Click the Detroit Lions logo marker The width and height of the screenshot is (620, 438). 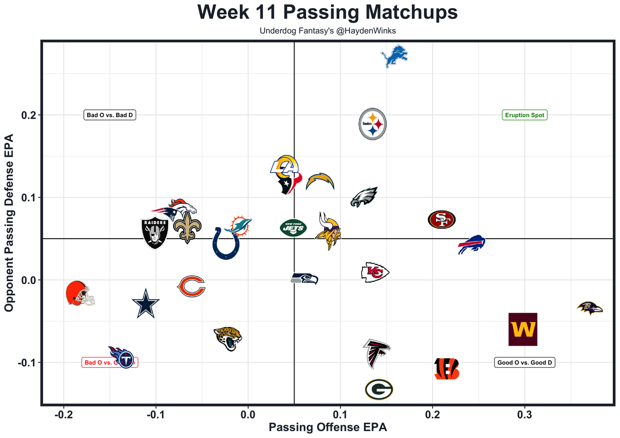click(394, 57)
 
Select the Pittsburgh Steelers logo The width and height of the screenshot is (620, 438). click(372, 124)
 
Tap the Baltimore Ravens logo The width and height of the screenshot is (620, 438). click(590, 308)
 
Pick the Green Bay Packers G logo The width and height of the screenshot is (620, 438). click(379, 389)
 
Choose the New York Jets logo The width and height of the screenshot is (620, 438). click(293, 227)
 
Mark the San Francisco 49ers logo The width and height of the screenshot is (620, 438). click(442, 220)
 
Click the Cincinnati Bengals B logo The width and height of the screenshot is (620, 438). click(446, 369)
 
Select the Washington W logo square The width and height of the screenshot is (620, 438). click(523, 330)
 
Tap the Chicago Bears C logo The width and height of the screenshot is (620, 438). click(191, 286)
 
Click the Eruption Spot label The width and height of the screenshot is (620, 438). click(525, 115)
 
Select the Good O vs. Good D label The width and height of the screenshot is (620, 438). click(525, 362)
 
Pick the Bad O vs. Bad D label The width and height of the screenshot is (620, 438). click(109, 115)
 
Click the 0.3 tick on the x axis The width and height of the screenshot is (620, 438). click(525, 415)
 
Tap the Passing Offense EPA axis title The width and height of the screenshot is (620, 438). click(328, 428)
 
